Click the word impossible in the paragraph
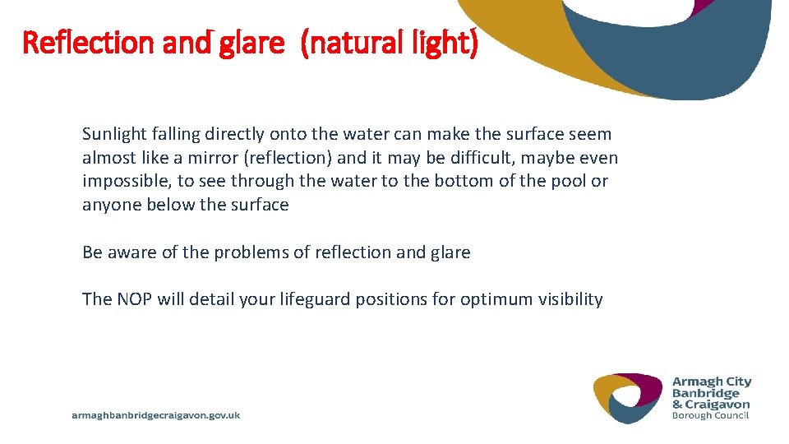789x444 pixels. pyautogui.click(x=124, y=181)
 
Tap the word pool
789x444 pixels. pyautogui.click(x=571, y=181)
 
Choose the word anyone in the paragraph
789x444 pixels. pyautogui.click(x=112, y=205)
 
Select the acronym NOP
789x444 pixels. pyautogui.click(x=134, y=299)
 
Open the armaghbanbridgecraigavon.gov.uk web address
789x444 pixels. pyautogui.click(x=156, y=416)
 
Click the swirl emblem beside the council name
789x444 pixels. pyautogui.click(x=628, y=398)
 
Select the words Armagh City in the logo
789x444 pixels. pyautogui.click(x=712, y=382)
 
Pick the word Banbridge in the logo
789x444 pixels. pyautogui.click(x=706, y=393)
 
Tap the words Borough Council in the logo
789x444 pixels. pyautogui.click(x=710, y=415)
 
